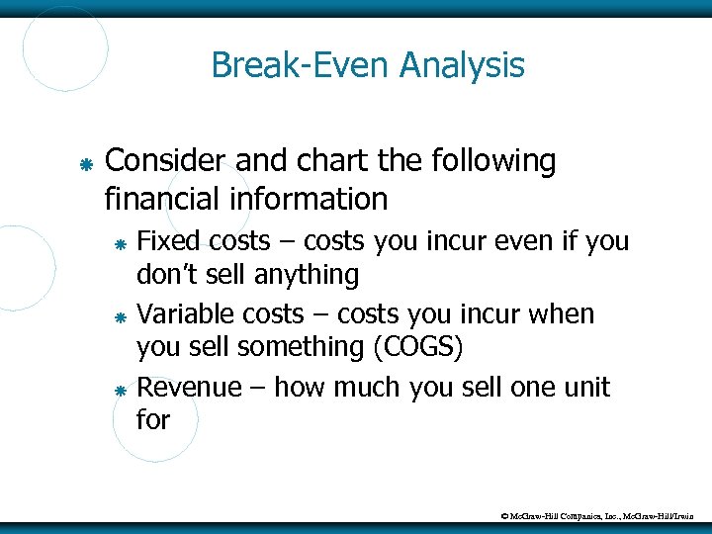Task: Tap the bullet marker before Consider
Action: point(86,164)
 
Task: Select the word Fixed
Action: point(166,241)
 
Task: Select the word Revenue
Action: point(188,388)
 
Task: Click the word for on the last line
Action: point(153,420)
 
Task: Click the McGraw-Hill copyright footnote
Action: point(603,516)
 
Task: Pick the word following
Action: point(493,161)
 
